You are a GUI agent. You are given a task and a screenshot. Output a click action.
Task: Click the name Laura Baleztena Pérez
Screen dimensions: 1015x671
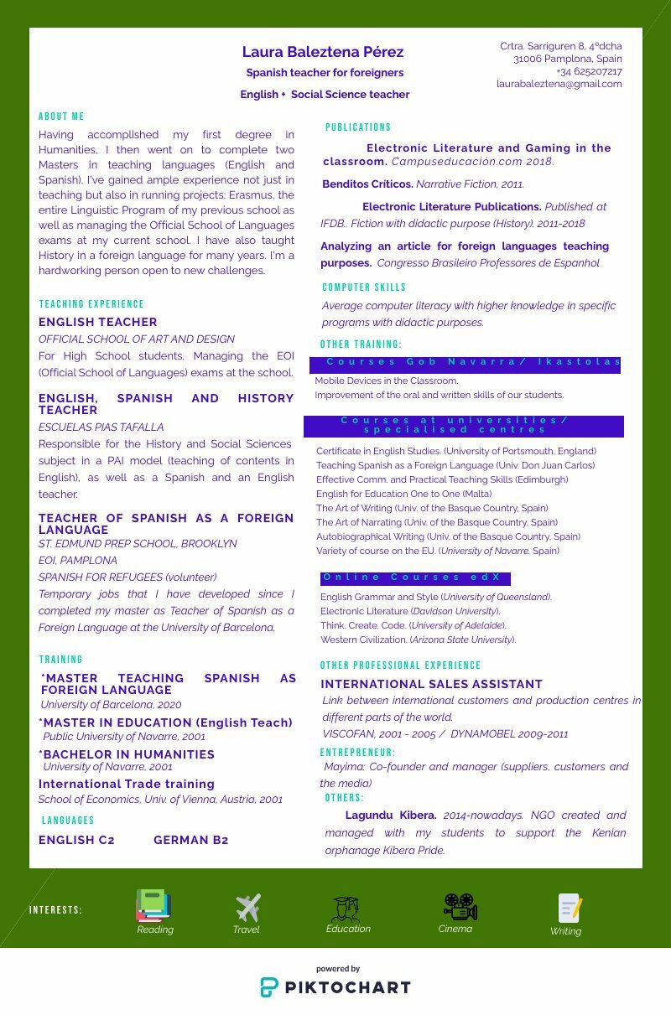point(323,52)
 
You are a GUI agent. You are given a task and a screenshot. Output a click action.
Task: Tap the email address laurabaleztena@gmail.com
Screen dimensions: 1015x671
point(559,84)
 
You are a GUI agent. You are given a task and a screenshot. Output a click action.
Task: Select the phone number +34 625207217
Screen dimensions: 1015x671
point(589,71)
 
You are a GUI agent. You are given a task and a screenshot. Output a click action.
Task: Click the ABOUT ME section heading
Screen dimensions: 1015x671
point(61,117)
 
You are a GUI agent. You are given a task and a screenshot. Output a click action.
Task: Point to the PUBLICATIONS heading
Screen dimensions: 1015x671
point(358,127)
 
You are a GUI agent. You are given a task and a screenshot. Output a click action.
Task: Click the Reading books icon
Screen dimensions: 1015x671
point(153,905)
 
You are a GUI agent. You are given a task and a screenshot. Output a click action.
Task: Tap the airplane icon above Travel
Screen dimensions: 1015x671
point(247,907)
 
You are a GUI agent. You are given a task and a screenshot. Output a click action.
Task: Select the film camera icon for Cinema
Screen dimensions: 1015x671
point(460,906)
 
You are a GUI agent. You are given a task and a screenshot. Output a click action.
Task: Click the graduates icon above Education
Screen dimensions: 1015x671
point(346,909)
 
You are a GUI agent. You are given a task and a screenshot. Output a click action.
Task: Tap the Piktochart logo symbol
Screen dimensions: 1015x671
point(269,987)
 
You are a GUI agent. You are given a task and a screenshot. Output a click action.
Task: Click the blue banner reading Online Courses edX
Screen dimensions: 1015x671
point(415,577)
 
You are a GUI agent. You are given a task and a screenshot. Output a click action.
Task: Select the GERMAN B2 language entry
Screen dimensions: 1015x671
point(190,840)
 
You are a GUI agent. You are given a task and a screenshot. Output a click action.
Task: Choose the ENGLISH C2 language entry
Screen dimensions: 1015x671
point(76,840)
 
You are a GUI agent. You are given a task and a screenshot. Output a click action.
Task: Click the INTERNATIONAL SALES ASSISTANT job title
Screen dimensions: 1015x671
point(431,684)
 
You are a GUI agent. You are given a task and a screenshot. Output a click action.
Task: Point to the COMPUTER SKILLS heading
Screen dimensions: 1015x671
point(364,287)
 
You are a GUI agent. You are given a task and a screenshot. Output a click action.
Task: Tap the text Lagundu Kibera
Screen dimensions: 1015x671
point(391,815)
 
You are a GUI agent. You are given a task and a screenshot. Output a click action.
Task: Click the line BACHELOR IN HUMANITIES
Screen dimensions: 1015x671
point(128,754)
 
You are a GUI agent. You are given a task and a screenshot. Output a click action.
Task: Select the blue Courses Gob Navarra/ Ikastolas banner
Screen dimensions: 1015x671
point(465,363)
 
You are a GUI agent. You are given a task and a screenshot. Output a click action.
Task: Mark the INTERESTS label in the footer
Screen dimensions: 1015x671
point(55,910)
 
